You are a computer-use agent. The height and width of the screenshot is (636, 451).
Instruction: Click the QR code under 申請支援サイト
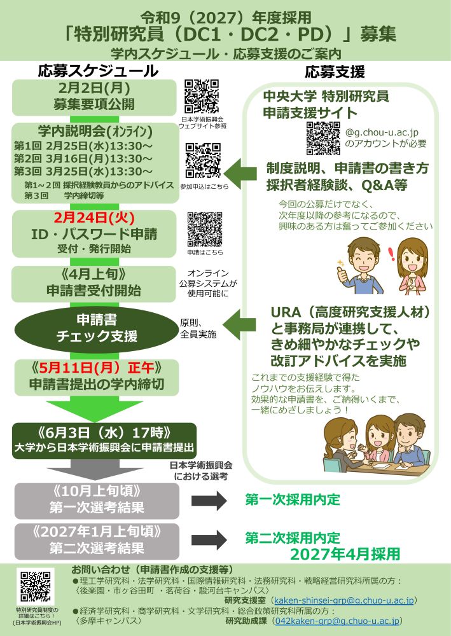[323, 137]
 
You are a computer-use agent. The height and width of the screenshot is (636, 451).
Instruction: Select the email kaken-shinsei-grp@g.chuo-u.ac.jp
[343, 600]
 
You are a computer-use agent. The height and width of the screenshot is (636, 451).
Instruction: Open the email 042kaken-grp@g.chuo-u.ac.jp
[337, 621]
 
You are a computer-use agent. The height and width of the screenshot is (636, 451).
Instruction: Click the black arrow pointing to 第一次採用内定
[209, 500]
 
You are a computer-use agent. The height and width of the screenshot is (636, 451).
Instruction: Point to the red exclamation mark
[390, 252]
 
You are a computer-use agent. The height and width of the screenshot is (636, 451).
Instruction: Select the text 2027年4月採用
[345, 553]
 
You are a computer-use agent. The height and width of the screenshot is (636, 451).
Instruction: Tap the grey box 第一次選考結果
[94, 500]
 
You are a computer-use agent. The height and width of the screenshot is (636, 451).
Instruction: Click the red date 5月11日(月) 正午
[94, 368]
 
